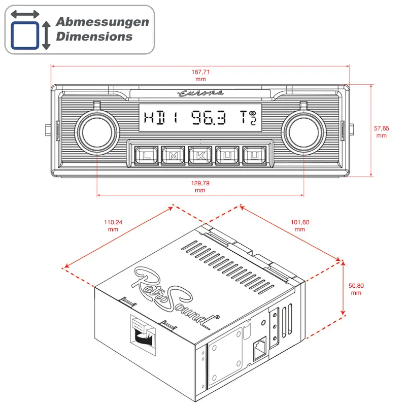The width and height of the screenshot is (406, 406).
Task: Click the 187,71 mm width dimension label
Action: [200, 75]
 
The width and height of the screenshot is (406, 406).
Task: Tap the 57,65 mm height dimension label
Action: [381, 132]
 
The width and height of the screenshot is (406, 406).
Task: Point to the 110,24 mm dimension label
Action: [113, 225]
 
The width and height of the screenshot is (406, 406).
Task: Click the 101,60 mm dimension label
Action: [299, 225]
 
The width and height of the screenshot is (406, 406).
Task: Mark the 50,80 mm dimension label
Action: [356, 289]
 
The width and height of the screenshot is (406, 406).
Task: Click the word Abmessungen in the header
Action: [102, 22]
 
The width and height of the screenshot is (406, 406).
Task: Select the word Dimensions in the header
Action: [94, 37]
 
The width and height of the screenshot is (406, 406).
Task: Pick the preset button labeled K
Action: [200, 155]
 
